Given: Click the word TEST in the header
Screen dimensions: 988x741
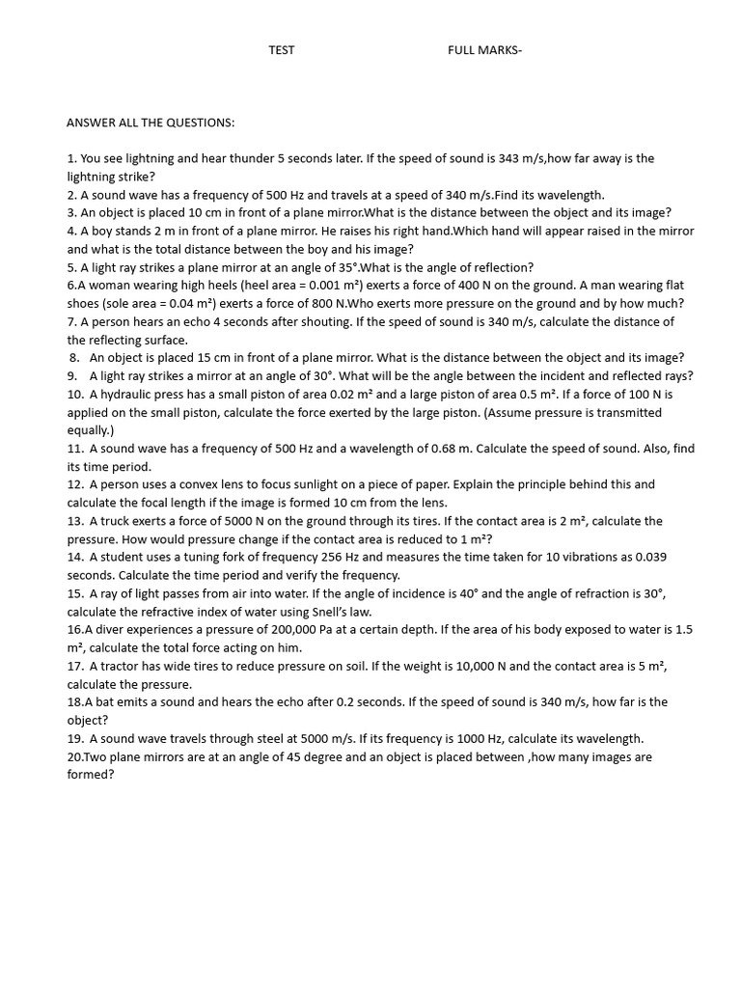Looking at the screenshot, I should coord(282,50).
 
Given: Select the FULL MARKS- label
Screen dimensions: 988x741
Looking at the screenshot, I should coord(484,50).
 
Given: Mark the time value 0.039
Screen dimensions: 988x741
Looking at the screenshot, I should coord(646,557).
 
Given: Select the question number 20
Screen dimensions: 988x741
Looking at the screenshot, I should coord(74,756).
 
